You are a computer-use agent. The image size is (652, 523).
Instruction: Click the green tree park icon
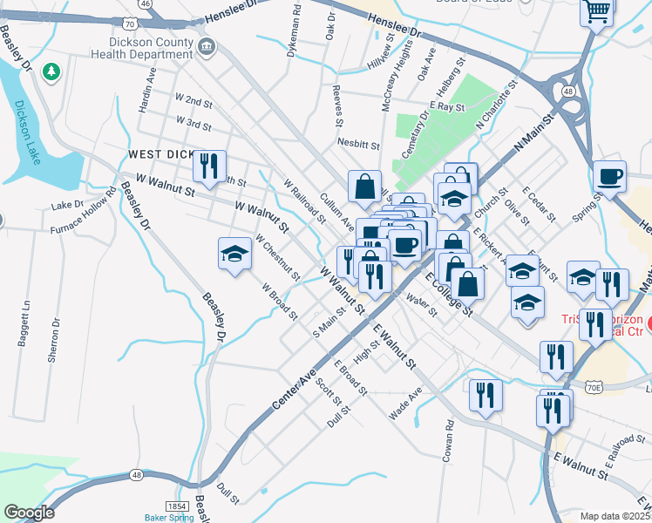coord(51,71)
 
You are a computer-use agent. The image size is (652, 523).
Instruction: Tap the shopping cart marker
coord(597,11)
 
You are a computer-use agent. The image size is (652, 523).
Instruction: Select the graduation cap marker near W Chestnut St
coord(234,254)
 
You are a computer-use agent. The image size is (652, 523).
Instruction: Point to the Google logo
coord(29,513)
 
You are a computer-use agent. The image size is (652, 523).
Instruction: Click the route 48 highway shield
coord(138,475)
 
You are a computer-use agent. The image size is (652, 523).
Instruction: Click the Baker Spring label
coord(169,517)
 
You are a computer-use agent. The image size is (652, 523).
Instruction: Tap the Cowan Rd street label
coord(449,442)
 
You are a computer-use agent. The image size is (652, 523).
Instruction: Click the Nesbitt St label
coord(359,145)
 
